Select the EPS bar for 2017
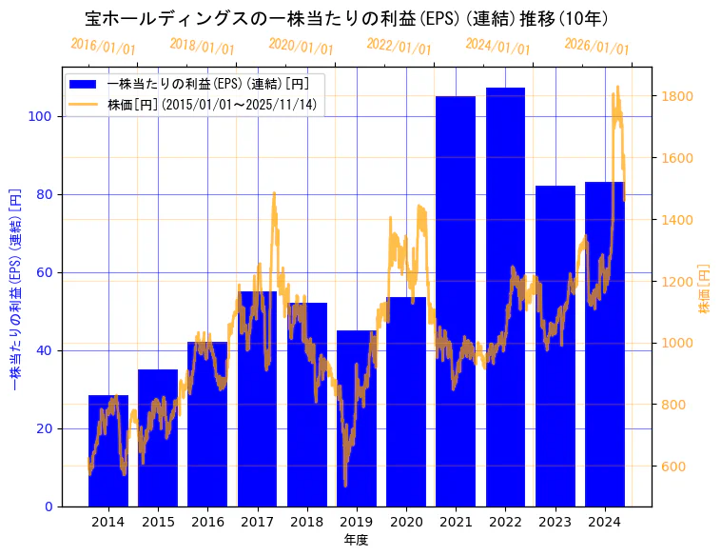(257, 399)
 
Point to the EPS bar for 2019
(356, 418)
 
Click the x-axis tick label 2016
(207, 521)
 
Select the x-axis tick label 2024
(604, 521)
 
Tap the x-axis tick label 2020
(406, 521)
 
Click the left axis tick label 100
(41, 116)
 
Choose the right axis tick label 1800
(677, 96)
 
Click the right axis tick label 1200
(677, 282)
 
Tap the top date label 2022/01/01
(399, 47)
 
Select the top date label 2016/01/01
(103, 47)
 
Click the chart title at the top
(346, 18)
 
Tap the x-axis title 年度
(356, 539)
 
